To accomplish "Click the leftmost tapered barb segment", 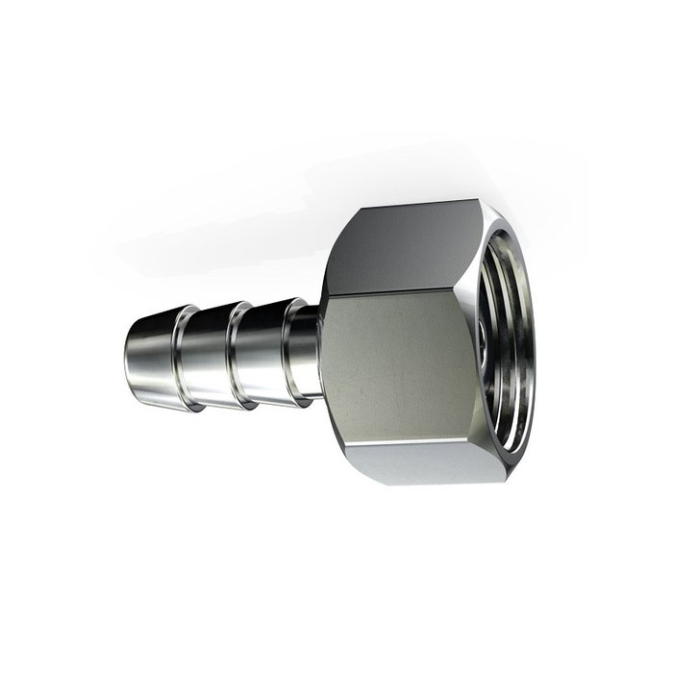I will tap(152, 353).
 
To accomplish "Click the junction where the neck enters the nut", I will tap(320, 351).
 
